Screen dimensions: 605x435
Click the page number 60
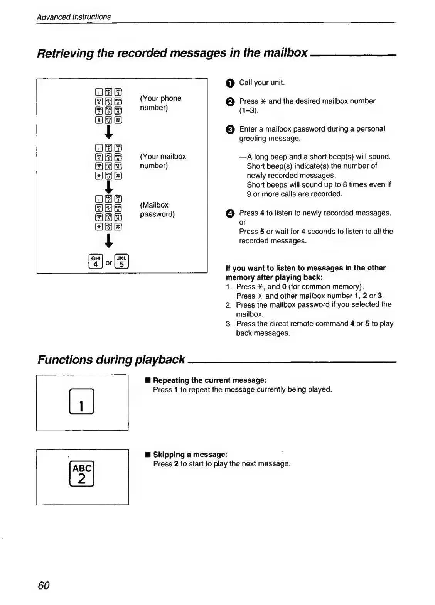(x=44, y=585)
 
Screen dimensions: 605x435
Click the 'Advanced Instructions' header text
(x=74, y=17)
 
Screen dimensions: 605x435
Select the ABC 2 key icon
(x=82, y=474)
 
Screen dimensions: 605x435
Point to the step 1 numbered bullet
(x=229, y=83)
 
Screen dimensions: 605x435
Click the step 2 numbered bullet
(x=229, y=101)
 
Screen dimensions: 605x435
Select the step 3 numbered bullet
(x=229, y=130)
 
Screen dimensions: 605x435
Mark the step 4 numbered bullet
(x=229, y=213)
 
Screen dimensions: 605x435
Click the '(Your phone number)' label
(x=160, y=103)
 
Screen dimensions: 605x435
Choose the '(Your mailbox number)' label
(x=163, y=161)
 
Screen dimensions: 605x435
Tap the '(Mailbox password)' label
(x=157, y=210)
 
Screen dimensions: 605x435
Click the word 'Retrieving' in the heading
(x=65, y=53)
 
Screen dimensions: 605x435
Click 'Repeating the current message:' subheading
(x=210, y=380)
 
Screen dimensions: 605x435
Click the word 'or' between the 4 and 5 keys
(x=109, y=263)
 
